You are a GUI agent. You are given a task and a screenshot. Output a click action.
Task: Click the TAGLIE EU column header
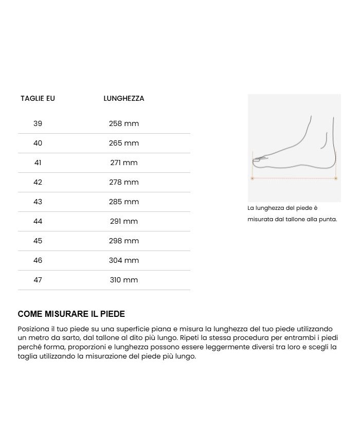[x=38, y=98]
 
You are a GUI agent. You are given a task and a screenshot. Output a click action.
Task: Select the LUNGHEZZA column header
[x=123, y=98]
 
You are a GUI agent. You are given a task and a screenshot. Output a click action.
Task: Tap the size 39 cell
[x=38, y=123]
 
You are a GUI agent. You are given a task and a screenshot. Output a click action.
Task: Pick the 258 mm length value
[x=123, y=123]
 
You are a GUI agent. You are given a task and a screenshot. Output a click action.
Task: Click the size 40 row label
[x=38, y=143]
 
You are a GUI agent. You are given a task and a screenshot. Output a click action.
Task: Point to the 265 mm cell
[x=123, y=143]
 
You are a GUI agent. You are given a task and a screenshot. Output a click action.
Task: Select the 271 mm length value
[x=123, y=163]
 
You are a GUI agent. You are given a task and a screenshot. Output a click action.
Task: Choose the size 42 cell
[x=38, y=182]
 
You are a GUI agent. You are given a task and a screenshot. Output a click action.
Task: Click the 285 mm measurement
[x=123, y=202]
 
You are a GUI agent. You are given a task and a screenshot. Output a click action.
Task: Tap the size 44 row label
[x=38, y=221]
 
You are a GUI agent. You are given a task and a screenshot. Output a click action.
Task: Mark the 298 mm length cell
[x=123, y=241]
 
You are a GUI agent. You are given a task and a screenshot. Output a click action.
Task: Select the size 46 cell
[x=38, y=260]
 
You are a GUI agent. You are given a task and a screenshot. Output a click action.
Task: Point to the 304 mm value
[x=123, y=260]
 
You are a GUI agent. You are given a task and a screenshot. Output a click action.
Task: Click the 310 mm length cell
[x=123, y=280]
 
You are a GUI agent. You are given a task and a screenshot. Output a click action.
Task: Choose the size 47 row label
[x=38, y=280]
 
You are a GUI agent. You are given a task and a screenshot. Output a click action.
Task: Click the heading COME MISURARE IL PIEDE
[x=71, y=314]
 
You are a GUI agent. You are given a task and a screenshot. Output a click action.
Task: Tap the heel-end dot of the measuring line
[x=336, y=178]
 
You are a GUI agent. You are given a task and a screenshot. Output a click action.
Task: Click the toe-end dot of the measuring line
[x=252, y=178]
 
